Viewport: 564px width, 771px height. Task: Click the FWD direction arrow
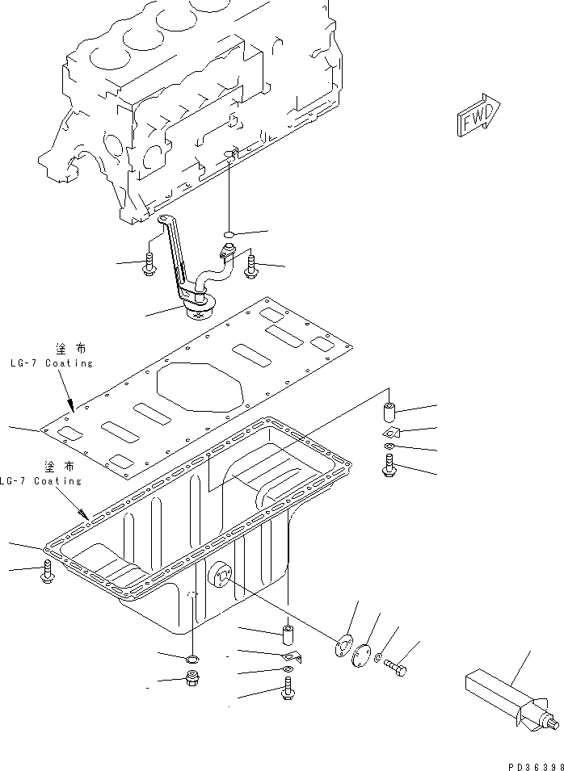point(478,117)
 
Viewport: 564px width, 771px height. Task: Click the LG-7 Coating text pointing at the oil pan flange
point(42,480)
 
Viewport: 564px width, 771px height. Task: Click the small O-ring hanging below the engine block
point(229,236)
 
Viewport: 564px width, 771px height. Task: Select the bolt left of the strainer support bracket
point(149,264)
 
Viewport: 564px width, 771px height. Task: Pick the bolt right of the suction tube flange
point(251,265)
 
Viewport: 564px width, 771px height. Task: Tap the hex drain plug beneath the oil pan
point(194,680)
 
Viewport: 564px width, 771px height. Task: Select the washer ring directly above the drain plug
point(193,660)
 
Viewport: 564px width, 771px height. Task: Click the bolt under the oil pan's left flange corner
point(47,572)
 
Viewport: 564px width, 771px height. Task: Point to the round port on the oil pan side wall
point(220,574)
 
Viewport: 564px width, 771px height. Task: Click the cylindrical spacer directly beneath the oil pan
point(288,629)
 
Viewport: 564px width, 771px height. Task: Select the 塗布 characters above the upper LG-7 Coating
point(71,348)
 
